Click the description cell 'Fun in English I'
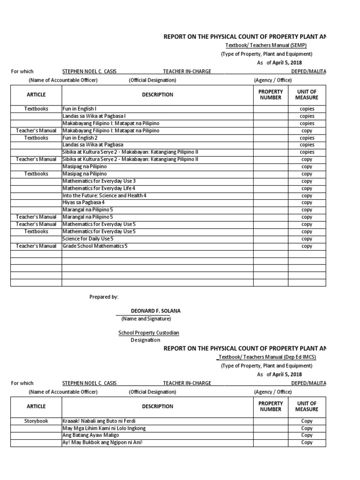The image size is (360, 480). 80,109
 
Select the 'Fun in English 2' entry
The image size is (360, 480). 80,138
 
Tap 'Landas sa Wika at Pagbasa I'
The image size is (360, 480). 94,116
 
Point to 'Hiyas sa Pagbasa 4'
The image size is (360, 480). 83,202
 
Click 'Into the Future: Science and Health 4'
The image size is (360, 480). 105,195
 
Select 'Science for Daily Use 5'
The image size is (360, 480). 88,239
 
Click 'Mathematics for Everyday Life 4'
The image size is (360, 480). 99,188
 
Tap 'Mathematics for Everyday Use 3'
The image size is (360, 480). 99,181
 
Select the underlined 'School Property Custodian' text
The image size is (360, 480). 148,333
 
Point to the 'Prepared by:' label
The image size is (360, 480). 104,297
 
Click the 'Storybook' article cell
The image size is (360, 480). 36,421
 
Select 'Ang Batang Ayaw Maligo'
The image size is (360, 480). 90,435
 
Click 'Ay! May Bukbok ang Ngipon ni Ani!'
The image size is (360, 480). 102,442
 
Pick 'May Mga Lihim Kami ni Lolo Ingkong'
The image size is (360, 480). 104,428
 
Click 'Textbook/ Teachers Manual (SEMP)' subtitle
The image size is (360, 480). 266,46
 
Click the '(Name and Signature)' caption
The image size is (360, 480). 146,319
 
